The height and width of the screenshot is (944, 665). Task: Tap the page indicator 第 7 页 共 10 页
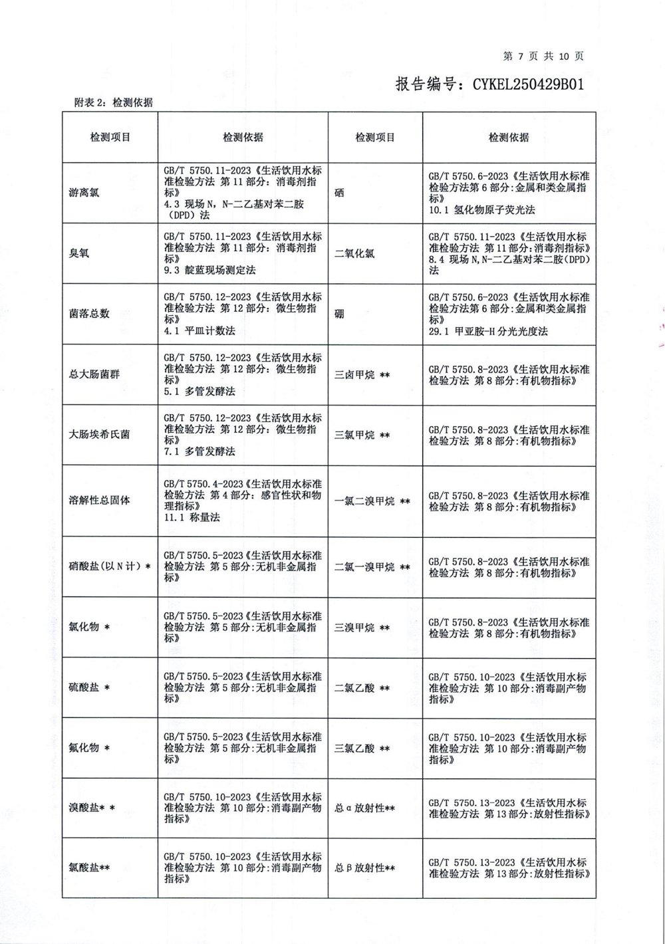(543, 57)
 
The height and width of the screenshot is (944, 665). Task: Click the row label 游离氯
(83, 193)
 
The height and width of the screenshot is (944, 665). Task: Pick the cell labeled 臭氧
(78, 253)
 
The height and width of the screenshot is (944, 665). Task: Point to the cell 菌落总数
(88, 314)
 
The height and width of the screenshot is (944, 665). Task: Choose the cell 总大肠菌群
(94, 374)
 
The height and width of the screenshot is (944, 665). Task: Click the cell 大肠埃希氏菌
(98, 434)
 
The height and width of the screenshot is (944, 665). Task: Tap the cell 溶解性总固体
(98, 501)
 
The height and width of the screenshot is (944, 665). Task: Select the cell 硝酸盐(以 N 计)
(105, 566)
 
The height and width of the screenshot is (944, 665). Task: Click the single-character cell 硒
(340, 193)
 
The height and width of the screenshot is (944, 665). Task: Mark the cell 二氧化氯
(354, 253)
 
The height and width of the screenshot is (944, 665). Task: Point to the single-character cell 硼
(340, 314)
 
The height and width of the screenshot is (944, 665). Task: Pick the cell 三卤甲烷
(354, 374)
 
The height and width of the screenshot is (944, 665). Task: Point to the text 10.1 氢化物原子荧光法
(481, 209)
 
